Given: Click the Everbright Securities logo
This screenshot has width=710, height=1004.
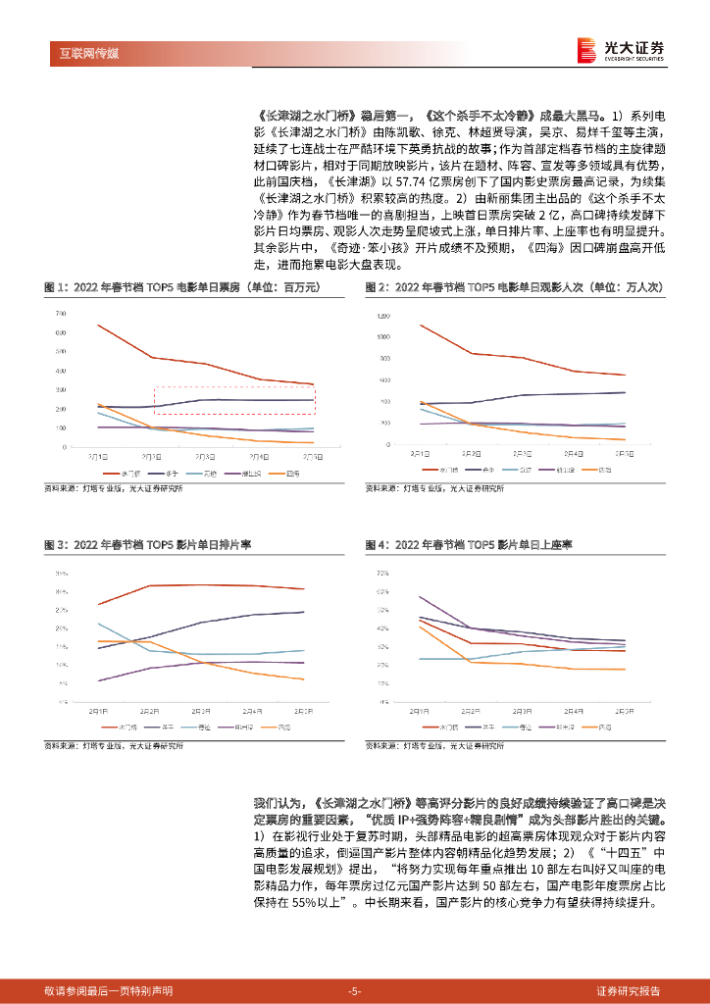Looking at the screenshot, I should pyautogui.click(x=621, y=48).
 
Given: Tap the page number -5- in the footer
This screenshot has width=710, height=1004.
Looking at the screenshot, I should pyautogui.click(x=355, y=990).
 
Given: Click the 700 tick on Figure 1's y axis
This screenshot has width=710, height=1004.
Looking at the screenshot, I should pyautogui.click(x=60, y=313).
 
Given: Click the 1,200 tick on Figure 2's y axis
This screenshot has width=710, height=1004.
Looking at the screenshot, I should pyautogui.click(x=382, y=315).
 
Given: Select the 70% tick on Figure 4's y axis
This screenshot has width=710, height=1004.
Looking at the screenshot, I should pyautogui.click(x=383, y=572).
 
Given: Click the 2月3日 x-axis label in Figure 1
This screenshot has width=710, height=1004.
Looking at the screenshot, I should pyautogui.click(x=206, y=456).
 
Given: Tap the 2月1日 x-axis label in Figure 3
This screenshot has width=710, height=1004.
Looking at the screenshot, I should pyautogui.click(x=98, y=710).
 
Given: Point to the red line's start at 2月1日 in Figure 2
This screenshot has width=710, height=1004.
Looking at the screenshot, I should pyautogui.click(x=420, y=325).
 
